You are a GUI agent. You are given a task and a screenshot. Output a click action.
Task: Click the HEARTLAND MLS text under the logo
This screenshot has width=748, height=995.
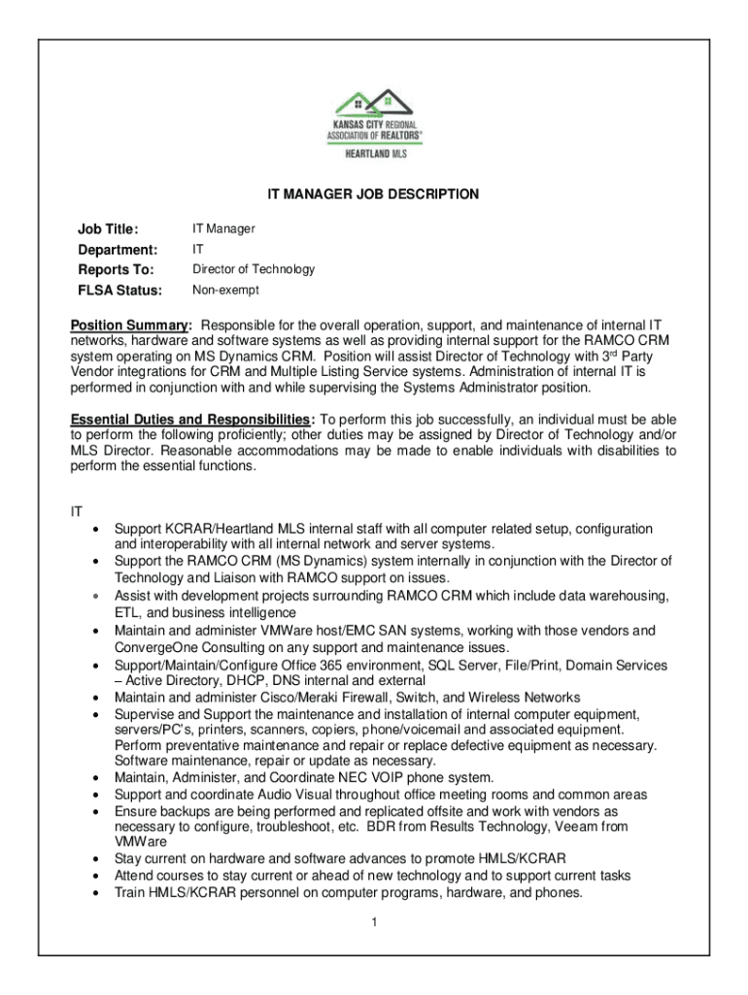coord(374,154)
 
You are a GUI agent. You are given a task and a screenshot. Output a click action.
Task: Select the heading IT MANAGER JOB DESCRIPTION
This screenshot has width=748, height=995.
coord(373,194)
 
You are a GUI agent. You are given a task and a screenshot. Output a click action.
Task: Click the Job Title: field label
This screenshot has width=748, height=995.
coord(109,229)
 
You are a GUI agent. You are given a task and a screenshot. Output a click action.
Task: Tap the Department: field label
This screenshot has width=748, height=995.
coord(118,250)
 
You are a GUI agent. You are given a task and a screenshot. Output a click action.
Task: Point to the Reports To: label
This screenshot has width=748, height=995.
coord(116,270)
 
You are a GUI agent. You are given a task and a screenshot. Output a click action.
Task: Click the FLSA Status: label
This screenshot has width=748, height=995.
coord(119,291)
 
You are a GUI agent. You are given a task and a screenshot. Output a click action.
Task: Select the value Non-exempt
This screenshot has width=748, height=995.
coord(225,290)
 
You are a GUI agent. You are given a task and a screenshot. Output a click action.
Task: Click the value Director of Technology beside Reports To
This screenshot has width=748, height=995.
coord(253,269)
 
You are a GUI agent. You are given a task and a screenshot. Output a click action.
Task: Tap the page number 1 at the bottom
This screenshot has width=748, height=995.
coord(373,922)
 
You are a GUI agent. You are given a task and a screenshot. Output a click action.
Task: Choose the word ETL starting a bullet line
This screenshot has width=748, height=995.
coord(127,613)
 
